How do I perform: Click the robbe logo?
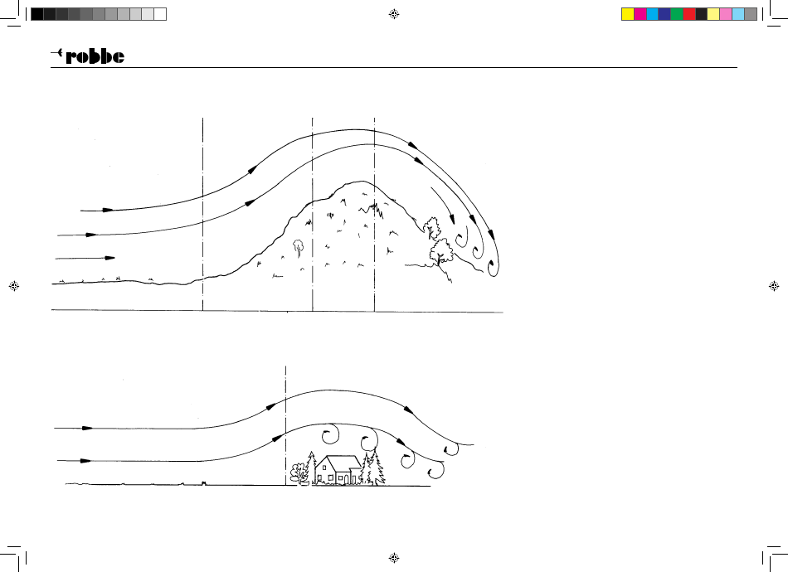pyautogui.click(x=87, y=56)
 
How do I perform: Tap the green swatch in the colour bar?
pyautogui.click(x=676, y=14)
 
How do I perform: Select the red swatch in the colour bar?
pyautogui.click(x=689, y=14)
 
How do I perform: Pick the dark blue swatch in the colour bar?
pyautogui.click(x=664, y=14)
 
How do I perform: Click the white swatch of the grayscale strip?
pyautogui.click(x=160, y=14)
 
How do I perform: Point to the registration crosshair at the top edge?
pyautogui.click(x=394, y=14)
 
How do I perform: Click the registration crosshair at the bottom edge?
pyautogui.click(x=394, y=557)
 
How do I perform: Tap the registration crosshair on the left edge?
pyautogui.click(x=14, y=286)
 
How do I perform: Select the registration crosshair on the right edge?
pyautogui.click(x=774, y=286)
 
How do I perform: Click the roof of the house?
pyautogui.click(x=338, y=463)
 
